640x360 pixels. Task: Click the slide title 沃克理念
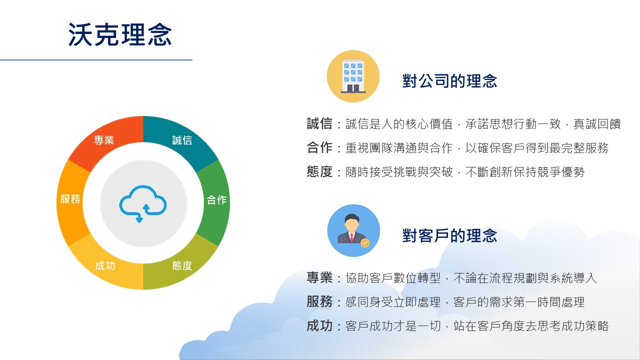(x=120, y=34)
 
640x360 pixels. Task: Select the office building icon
(x=353, y=76)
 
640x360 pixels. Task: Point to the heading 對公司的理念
(x=449, y=81)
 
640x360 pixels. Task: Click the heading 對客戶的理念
(x=449, y=235)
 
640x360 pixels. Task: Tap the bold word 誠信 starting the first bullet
(x=319, y=123)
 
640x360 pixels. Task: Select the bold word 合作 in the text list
(x=319, y=147)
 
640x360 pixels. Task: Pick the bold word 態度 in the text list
(x=319, y=171)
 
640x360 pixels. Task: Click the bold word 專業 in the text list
(x=319, y=277)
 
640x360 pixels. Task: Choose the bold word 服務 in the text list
(x=319, y=301)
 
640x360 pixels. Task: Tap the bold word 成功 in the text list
(x=319, y=325)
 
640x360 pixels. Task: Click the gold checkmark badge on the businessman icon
(x=365, y=243)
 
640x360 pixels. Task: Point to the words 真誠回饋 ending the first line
(x=597, y=124)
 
